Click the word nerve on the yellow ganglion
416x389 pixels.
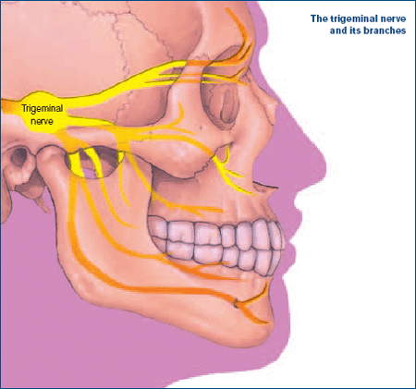pyautogui.click(x=42, y=121)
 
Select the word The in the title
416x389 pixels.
pyautogui.click(x=319, y=18)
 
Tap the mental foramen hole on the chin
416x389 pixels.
pyautogui.click(x=236, y=304)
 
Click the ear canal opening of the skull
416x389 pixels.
pyautogui.click(x=19, y=155)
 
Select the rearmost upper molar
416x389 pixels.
pyautogui.click(x=158, y=227)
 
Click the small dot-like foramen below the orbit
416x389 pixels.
pyautogui.click(x=202, y=127)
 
